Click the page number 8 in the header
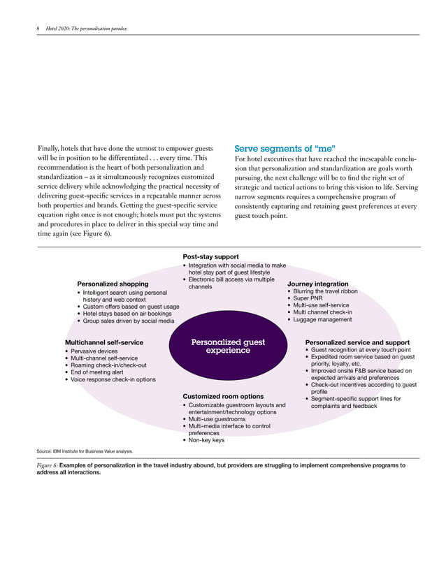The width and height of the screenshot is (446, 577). pyautogui.click(x=38, y=29)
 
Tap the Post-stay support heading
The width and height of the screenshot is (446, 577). pyautogui.click(x=210, y=257)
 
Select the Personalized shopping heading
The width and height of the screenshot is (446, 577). pyautogui.click(x=113, y=284)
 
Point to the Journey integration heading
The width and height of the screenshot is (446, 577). pyautogui.click(x=317, y=284)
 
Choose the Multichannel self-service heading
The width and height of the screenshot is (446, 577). pyautogui.click(x=103, y=343)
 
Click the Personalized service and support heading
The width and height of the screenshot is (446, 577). pyautogui.click(x=357, y=343)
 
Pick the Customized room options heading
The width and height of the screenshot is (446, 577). pyautogui.click(x=223, y=397)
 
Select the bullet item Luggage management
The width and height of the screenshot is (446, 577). pyautogui.click(x=322, y=320)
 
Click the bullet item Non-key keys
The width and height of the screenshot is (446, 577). pyautogui.click(x=206, y=441)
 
